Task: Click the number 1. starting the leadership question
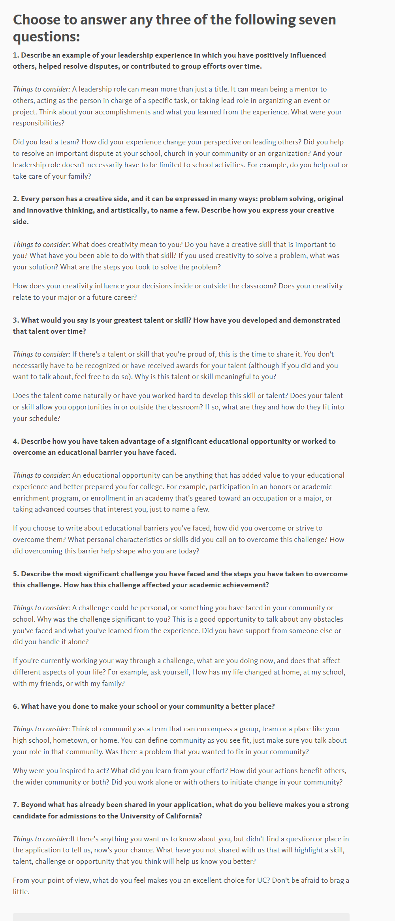point(16,55)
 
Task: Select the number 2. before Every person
point(16,199)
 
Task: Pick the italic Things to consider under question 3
point(41,354)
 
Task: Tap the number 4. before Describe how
point(16,441)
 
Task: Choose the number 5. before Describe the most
point(16,574)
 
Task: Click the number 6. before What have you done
point(16,706)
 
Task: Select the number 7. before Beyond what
point(16,805)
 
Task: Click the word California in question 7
point(180,816)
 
